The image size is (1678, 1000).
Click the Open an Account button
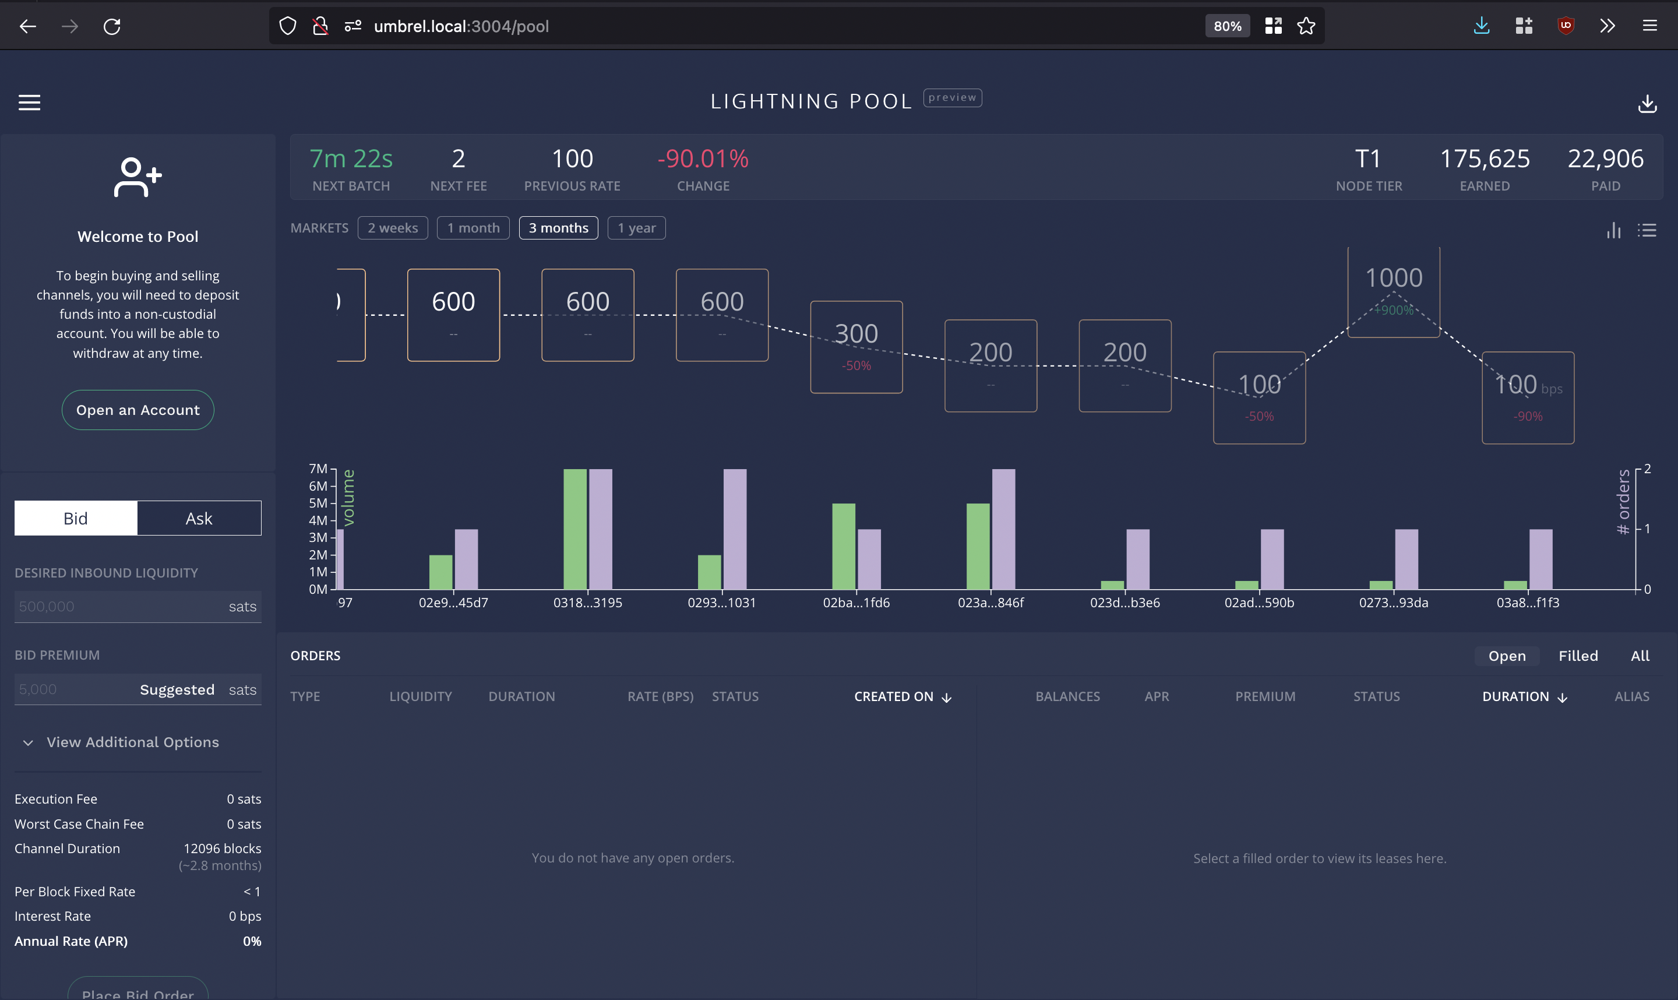click(x=138, y=410)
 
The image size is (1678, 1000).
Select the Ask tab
click(x=199, y=517)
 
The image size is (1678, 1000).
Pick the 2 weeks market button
click(x=393, y=228)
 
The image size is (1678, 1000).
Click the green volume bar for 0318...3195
click(x=574, y=529)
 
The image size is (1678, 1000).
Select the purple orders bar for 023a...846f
click(x=1003, y=529)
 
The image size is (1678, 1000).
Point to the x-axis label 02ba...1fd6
click(x=855, y=603)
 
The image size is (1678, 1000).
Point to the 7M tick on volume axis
click(x=318, y=469)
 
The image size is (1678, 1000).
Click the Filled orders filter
click(x=1578, y=656)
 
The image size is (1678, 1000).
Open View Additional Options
click(x=132, y=742)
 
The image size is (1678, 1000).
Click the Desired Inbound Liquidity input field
click(x=118, y=607)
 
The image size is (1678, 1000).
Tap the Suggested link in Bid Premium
click(x=177, y=689)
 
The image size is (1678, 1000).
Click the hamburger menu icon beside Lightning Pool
click(x=29, y=103)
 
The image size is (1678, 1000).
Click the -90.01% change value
click(x=703, y=159)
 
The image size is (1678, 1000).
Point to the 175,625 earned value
click(x=1484, y=159)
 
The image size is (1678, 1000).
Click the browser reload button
click(x=112, y=26)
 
